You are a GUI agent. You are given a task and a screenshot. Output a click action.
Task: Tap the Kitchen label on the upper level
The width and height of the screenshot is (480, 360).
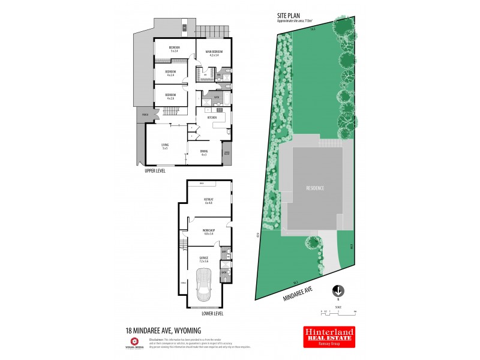(212, 118)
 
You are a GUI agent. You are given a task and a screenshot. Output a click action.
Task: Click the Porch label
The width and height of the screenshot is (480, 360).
(144, 114)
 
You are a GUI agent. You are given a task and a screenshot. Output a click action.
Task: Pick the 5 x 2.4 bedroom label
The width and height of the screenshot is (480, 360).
(175, 49)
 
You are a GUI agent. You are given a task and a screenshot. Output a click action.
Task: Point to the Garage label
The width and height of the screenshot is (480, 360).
(205, 259)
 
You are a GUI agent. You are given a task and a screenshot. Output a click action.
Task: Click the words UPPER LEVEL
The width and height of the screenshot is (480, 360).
(155, 171)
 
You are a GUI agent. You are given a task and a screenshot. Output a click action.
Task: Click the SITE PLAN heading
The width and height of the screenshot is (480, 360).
(288, 17)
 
